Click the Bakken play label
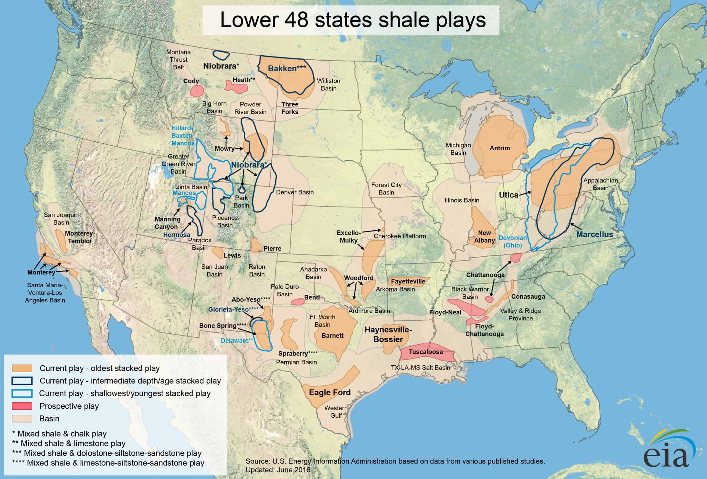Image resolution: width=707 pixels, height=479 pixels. (287, 69)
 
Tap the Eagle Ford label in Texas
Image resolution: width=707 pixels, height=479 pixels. (330, 393)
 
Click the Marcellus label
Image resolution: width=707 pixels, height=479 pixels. (595, 234)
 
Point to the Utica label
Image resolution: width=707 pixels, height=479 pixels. (508, 195)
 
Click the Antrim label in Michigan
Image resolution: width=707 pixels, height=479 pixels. (500, 148)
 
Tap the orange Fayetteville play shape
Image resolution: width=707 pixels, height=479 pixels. (408, 281)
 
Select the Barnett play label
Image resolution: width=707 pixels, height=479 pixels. (333, 336)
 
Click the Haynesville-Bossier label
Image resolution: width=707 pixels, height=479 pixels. (388, 335)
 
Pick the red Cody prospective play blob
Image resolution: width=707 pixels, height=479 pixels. (197, 91)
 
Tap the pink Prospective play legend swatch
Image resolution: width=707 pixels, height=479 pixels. (22, 406)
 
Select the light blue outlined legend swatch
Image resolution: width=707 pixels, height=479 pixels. (22, 393)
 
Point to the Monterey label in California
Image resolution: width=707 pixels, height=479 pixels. (41, 272)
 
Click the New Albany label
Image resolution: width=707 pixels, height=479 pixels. (484, 236)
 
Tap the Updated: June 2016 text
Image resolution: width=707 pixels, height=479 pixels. (278, 470)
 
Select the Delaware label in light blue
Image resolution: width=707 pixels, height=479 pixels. (237, 341)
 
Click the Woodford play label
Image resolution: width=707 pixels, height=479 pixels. (359, 278)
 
